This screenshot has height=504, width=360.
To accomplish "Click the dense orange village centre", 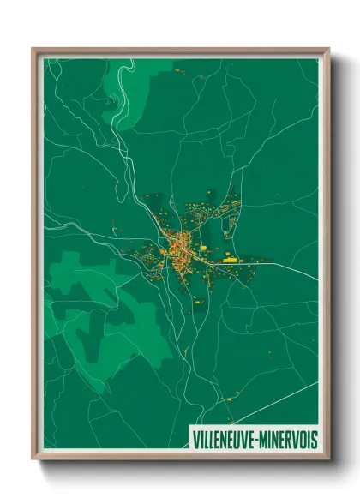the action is (181, 249).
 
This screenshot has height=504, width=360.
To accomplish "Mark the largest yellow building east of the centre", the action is (229, 255).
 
